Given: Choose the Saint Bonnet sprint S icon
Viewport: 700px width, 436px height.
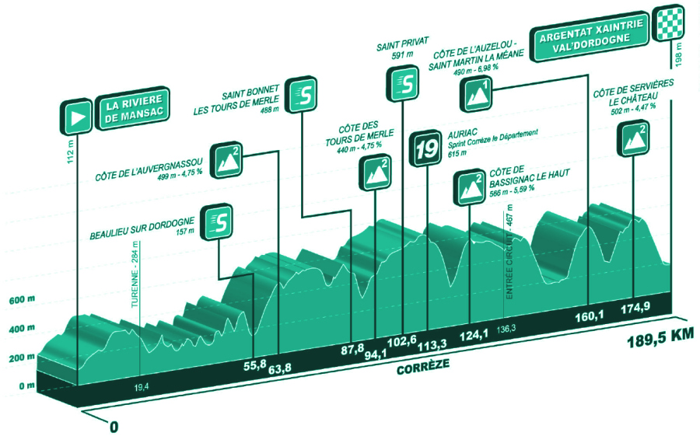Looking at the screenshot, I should pyautogui.click(x=302, y=94).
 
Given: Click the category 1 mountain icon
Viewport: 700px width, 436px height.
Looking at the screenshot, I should pyautogui.click(x=478, y=92).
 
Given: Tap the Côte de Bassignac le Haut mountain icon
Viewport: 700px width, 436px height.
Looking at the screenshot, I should pyautogui.click(x=470, y=187).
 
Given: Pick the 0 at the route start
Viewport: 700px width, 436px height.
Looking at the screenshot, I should pyautogui.click(x=114, y=427).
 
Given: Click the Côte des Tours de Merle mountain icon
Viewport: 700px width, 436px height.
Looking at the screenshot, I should pyautogui.click(x=375, y=173).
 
